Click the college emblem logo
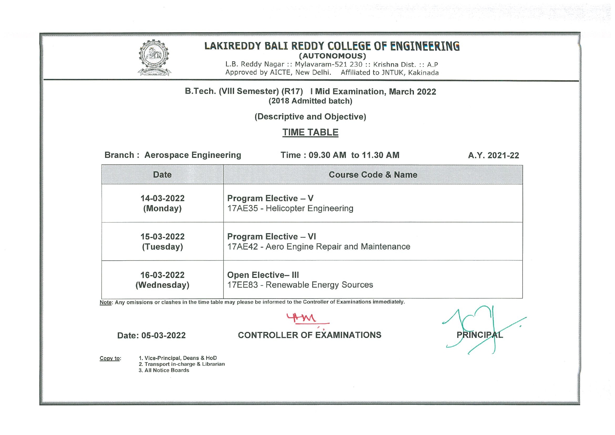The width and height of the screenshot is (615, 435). pos(154,57)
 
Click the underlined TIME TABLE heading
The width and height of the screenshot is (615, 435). pos(310,132)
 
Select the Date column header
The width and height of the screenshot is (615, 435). pos(162,175)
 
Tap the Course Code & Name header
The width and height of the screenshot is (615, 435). pos(373,175)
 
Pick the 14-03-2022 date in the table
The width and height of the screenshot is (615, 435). pos(162,198)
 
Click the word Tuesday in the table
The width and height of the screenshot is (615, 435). pos(162,247)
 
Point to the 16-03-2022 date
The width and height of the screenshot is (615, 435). pos(162,275)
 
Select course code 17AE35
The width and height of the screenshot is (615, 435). pos(242,209)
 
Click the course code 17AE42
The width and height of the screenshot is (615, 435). pos(242,247)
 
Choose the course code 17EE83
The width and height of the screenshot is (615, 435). pos(242,285)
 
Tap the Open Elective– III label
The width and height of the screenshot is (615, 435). pos(263,275)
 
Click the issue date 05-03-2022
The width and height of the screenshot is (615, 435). pos(163,335)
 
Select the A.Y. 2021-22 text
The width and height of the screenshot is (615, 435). pos(493,155)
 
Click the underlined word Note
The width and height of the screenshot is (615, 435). pos(105,303)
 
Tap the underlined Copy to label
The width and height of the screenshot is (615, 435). pos(110,358)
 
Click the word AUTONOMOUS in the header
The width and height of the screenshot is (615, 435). pos(332,56)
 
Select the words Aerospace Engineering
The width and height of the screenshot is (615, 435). pos(193,155)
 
